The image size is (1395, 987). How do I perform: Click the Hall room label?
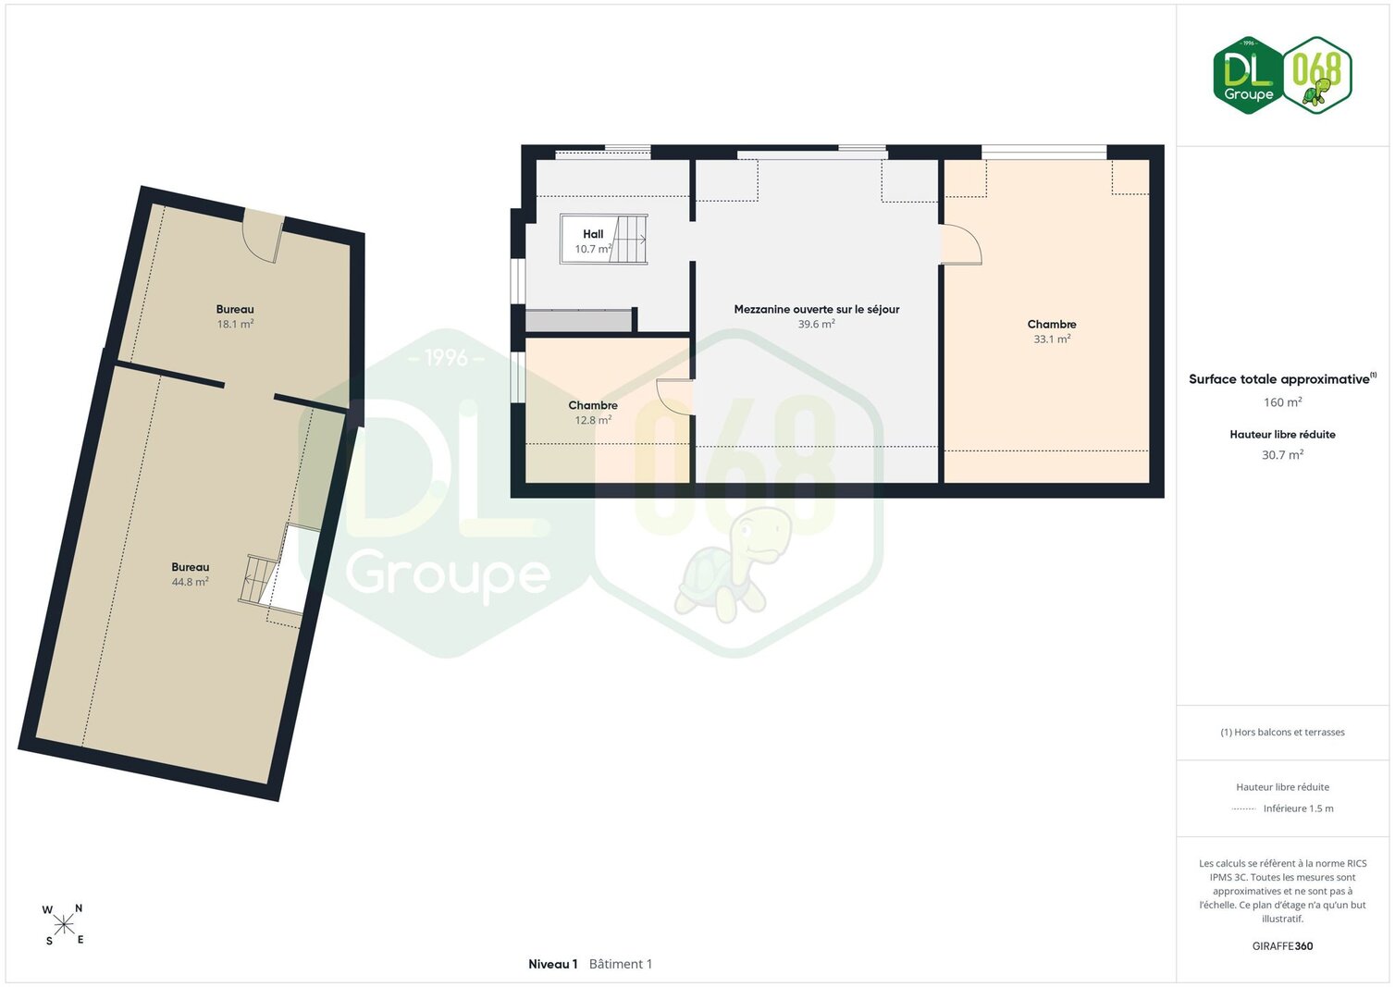click(593, 234)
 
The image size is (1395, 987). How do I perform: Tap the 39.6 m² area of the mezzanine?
click(817, 324)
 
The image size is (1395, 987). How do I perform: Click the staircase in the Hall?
click(629, 240)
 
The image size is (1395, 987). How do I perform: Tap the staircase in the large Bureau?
click(258, 580)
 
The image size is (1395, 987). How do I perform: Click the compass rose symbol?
click(63, 925)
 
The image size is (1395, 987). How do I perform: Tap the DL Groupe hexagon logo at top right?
click(1248, 75)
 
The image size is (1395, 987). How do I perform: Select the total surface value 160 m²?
click(1282, 402)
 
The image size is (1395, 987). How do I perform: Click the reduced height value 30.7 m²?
click(1282, 454)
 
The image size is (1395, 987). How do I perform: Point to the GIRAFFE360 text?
click(1282, 946)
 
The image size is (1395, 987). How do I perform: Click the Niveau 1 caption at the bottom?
click(553, 964)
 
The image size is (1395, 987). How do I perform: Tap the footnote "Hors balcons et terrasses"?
click(1290, 733)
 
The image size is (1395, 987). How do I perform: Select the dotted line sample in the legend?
click(1243, 808)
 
